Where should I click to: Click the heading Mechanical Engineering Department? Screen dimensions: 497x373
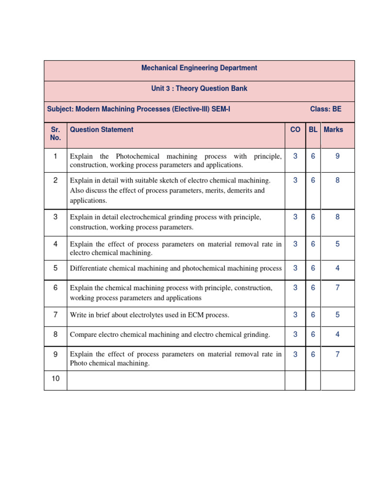click(x=199, y=68)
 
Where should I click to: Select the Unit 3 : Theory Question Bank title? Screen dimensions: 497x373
click(x=199, y=88)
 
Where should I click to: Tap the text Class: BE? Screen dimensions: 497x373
click(x=325, y=109)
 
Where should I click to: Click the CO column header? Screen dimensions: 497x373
click(x=295, y=130)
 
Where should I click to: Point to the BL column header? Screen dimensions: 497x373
click(x=313, y=130)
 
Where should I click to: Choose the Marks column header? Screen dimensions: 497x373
click(x=333, y=130)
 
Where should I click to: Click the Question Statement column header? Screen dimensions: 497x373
click(x=102, y=130)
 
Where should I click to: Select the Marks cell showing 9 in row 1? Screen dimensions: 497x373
click(x=338, y=156)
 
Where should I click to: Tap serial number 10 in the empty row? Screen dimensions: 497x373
click(x=55, y=378)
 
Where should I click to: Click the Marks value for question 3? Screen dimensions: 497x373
click(x=338, y=217)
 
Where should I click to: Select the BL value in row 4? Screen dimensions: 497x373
click(x=313, y=244)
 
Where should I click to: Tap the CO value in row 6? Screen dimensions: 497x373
click(x=295, y=288)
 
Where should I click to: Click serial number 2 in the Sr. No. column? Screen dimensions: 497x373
click(x=55, y=180)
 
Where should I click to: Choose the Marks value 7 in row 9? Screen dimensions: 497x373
click(x=338, y=354)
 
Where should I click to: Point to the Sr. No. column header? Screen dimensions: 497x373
click(x=55, y=133)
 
